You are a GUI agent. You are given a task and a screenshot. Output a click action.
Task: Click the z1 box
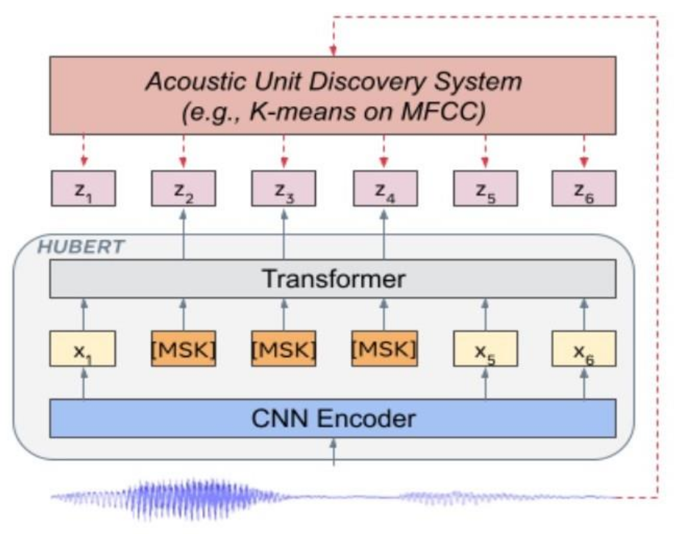pos(83,188)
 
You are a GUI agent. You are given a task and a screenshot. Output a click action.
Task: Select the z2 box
pos(184,188)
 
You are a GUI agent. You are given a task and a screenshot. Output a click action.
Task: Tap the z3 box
pos(284,188)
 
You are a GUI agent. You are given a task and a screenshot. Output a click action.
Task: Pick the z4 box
pos(385,188)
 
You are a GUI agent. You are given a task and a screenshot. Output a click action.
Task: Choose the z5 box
pos(486,188)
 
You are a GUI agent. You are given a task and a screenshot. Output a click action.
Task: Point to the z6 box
pos(584,188)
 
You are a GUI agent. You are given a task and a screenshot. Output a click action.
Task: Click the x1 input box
pos(83,348)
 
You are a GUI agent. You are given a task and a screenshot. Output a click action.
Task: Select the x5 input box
pos(486,348)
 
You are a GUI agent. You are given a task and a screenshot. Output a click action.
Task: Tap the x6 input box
pos(584,348)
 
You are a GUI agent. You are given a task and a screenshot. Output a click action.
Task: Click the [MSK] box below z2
pos(184,348)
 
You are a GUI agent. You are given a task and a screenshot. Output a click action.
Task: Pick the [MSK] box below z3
pos(284,348)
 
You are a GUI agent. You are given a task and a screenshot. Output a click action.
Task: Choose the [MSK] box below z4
pos(384,348)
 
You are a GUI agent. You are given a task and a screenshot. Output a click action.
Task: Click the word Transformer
pos(334,279)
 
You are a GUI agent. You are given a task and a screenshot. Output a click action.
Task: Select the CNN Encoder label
pos(334,419)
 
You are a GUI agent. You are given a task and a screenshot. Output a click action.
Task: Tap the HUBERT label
pos(81,247)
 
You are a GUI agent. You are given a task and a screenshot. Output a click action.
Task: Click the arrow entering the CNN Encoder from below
pos(334,452)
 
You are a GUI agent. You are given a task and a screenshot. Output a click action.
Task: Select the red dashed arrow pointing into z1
pos(84,150)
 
